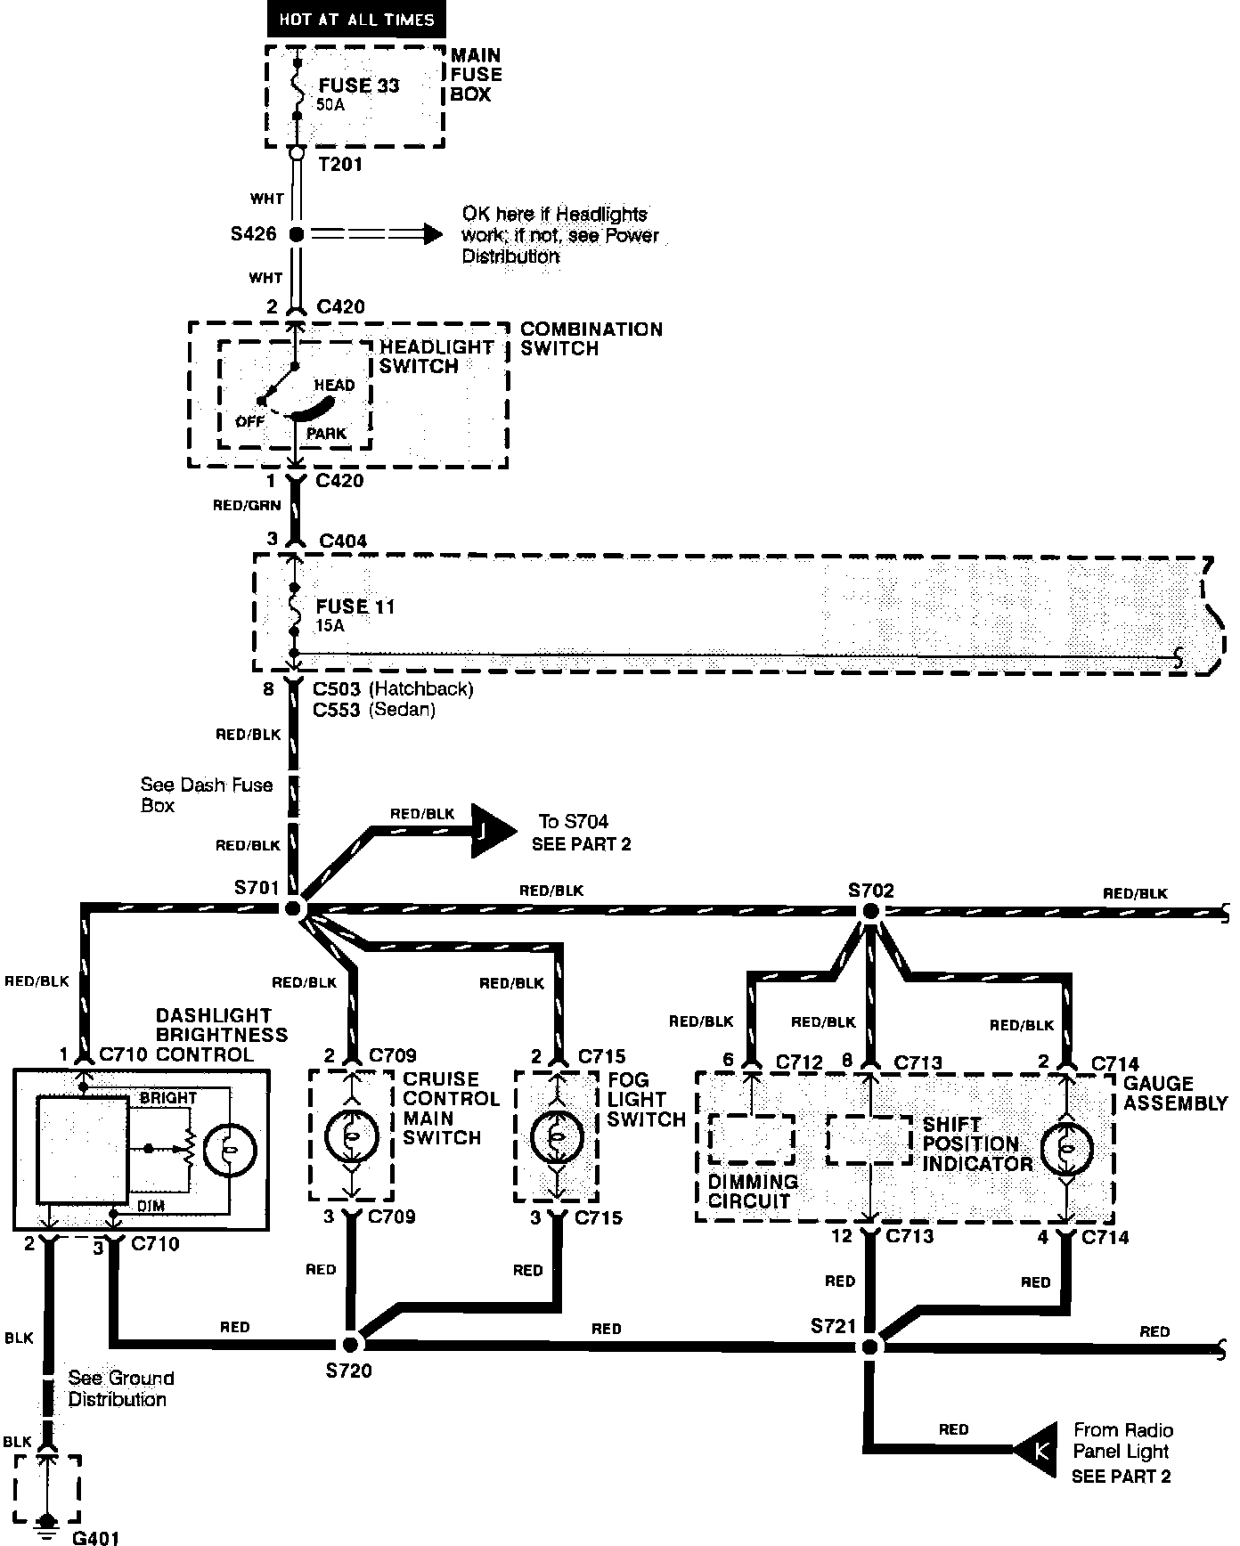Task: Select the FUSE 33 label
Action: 358,85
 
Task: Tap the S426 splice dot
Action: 297,234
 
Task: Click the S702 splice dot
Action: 870,911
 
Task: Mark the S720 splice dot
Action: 351,1343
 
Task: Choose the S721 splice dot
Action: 869,1346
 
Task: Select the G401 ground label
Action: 94,1536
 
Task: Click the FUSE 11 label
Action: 355,606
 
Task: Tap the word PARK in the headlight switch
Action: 325,434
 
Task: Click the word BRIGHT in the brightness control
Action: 167,1098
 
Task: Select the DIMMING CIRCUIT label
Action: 753,1191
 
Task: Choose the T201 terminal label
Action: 340,164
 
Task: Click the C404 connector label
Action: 342,541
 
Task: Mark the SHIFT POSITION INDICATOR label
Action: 976,1144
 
